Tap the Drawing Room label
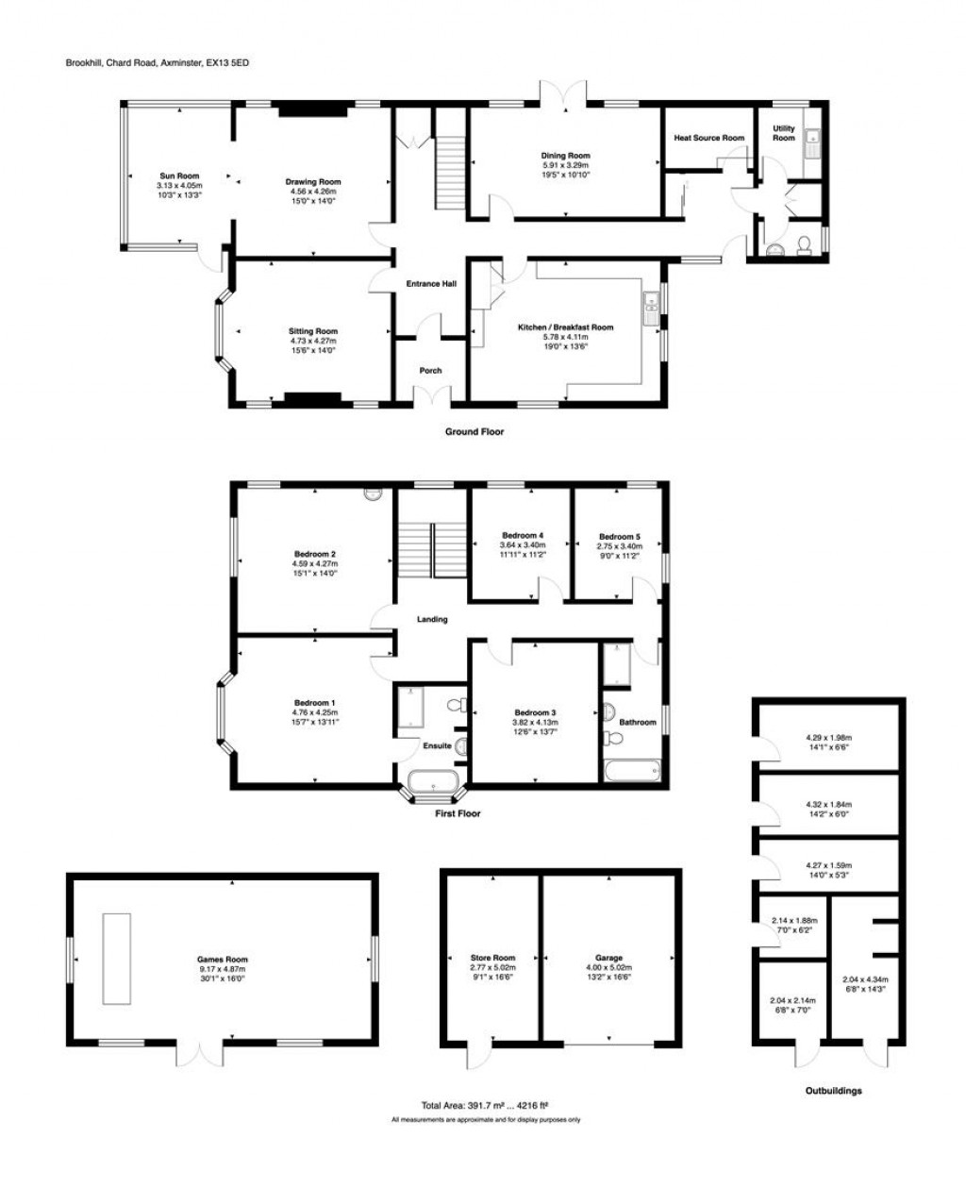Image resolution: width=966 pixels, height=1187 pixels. (313, 181)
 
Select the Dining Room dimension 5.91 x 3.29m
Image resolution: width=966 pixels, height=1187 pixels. (565, 165)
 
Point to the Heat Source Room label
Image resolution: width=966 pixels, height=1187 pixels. (708, 138)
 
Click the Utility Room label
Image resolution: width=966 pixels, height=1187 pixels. (784, 133)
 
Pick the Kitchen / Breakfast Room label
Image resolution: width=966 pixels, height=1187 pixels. (565, 327)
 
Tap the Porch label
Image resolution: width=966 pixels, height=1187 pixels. (430, 371)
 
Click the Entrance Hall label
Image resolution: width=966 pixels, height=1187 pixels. (431, 283)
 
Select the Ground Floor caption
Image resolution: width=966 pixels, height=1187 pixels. (475, 432)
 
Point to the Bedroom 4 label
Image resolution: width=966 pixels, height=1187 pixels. (522, 536)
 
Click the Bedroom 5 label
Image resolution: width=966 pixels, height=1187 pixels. (619, 536)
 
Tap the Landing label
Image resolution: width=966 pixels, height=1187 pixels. (432, 620)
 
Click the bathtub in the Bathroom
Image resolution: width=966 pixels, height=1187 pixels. (632, 772)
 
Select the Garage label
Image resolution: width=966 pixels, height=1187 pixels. (608, 958)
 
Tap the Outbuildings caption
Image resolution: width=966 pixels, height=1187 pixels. (833, 1091)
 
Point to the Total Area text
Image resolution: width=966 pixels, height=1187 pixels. (485, 1105)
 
